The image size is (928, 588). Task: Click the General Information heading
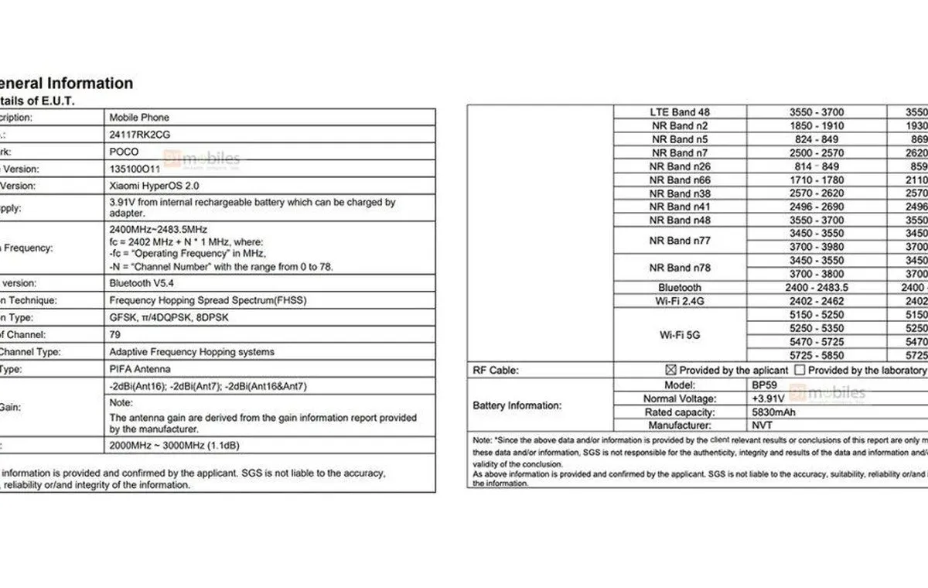tap(67, 84)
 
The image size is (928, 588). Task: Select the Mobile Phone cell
tap(139, 118)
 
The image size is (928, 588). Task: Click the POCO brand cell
tap(125, 152)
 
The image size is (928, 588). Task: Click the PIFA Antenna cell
tap(140, 369)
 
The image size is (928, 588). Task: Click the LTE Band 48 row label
tap(680, 112)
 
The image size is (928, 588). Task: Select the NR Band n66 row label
tap(680, 179)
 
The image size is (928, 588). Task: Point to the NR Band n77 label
tap(680, 241)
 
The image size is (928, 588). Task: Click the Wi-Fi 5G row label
tap(680, 335)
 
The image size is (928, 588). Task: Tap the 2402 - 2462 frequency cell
tap(817, 301)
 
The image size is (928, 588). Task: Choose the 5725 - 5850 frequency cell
tap(817, 355)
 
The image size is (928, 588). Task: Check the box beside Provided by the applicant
tap(670, 371)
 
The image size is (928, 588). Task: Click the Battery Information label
tap(517, 405)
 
